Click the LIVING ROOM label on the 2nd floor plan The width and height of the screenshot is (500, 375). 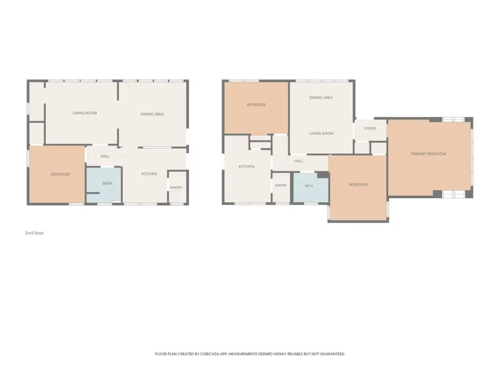(84, 113)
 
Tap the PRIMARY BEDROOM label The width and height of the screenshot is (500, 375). (428, 154)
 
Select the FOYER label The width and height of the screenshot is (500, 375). (370, 128)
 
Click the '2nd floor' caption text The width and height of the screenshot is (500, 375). (35, 233)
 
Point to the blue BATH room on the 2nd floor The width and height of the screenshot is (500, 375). (104, 185)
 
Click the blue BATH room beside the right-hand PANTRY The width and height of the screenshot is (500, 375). (311, 187)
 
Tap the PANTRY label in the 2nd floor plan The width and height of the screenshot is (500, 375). (176, 187)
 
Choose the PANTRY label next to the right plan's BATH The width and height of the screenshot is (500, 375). (281, 185)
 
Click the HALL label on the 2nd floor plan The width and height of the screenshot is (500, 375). (105, 156)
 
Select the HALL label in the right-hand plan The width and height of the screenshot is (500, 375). (298, 161)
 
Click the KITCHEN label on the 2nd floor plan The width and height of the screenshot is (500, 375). (149, 174)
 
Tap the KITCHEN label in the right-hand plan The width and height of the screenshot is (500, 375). (247, 167)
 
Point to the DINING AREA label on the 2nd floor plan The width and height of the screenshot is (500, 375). (152, 114)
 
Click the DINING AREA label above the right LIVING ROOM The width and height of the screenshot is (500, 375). (321, 98)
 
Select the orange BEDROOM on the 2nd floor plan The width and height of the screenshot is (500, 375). (57, 174)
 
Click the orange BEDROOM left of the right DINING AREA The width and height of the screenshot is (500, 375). (256, 108)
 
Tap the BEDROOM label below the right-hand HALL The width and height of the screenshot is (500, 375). (358, 185)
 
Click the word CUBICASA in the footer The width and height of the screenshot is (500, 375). (209, 354)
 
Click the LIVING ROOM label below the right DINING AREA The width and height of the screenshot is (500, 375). (321, 133)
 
